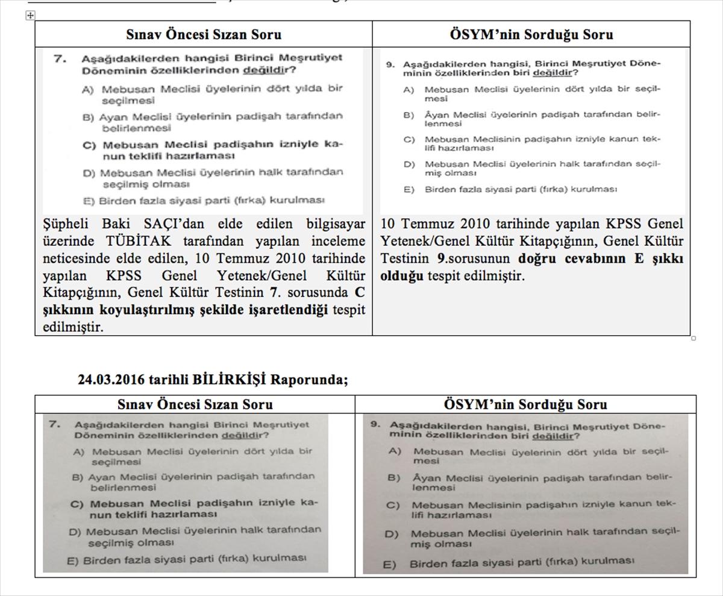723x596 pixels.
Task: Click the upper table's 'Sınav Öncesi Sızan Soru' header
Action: pyautogui.click(x=203, y=34)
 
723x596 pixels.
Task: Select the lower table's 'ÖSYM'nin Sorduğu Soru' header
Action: pyautogui.click(x=525, y=404)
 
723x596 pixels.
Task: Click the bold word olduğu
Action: pyautogui.click(x=402, y=276)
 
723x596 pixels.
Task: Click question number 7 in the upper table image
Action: pyautogui.click(x=58, y=58)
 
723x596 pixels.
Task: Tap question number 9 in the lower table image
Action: pyautogui.click(x=375, y=424)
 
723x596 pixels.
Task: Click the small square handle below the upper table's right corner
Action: pyautogui.click(x=693, y=338)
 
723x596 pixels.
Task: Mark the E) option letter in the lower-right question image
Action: pyautogui.click(x=390, y=565)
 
